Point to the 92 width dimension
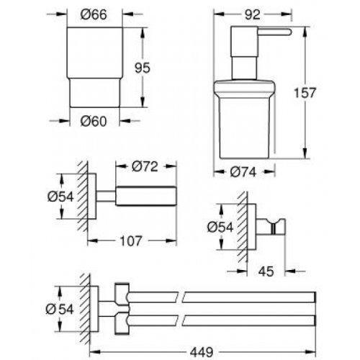coord(251,12)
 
